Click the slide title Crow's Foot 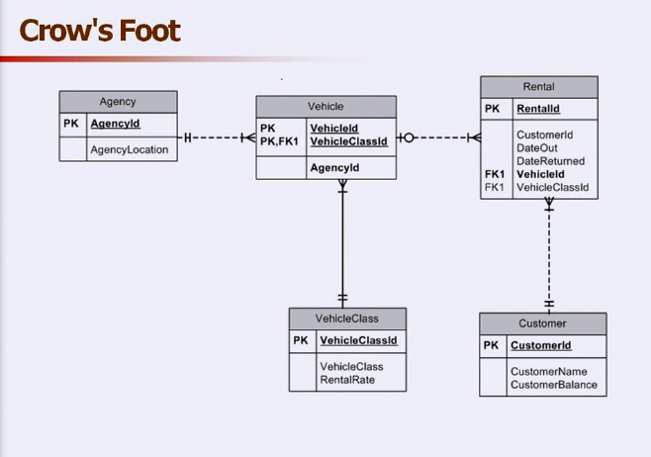100,31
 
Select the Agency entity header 118,102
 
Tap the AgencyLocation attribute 129,150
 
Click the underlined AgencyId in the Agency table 115,125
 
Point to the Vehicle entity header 325,107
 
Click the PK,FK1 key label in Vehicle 280,141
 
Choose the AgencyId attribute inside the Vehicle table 334,168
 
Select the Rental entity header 538,87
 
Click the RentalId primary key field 537,110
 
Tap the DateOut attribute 536,147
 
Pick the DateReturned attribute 550,160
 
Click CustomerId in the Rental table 544,135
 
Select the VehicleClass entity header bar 346,319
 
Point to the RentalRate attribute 346,379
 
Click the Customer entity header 542,323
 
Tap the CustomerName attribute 548,372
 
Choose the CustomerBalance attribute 553,385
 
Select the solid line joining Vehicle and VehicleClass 343,242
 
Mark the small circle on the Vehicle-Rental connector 409,137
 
